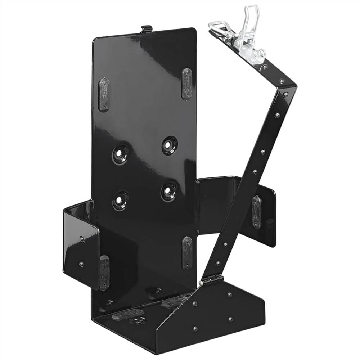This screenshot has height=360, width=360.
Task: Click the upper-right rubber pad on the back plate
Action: [x=187, y=84]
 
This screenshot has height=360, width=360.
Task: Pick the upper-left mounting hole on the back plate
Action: [x=121, y=154]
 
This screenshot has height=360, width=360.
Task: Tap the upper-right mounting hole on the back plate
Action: [x=169, y=145]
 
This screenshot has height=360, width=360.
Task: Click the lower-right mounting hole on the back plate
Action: [x=168, y=190]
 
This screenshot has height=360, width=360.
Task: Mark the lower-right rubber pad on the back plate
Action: [x=186, y=252]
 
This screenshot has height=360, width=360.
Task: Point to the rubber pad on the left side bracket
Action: [x=104, y=273]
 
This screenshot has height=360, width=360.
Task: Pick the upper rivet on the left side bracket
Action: [x=82, y=239]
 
